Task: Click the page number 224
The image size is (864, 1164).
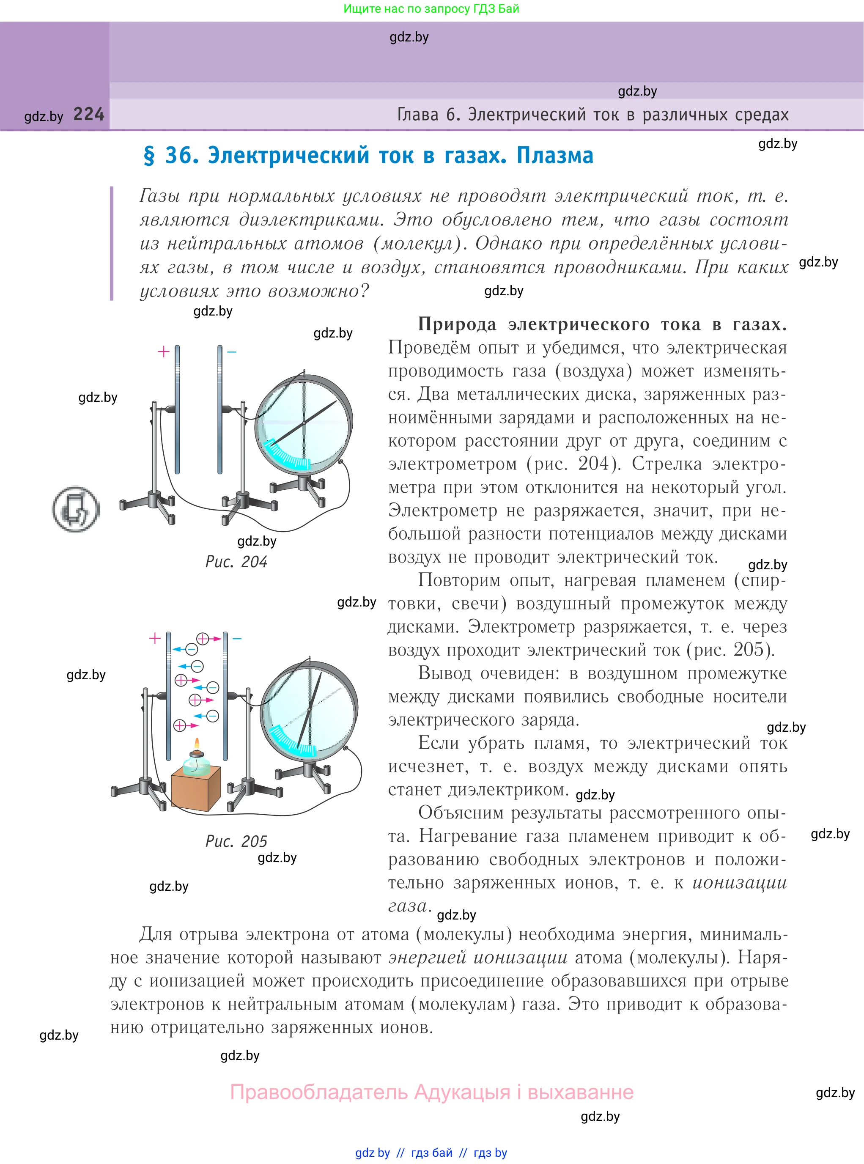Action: click(89, 114)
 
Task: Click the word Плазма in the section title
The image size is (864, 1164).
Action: click(555, 155)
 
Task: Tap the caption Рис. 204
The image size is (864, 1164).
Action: click(236, 562)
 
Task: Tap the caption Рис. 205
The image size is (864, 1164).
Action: click(236, 841)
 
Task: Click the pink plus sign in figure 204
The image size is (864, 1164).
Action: click(163, 351)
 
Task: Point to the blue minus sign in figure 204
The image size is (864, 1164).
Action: click(232, 352)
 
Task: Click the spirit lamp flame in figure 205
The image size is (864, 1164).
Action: click(197, 744)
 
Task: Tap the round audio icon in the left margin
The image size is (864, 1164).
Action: click(76, 509)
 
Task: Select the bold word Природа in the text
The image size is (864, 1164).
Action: click(457, 324)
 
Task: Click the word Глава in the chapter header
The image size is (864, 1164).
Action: click(418, 114)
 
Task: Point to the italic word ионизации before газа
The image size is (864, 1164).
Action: click(740, 883)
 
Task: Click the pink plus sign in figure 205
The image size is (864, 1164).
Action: click(154, 638)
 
